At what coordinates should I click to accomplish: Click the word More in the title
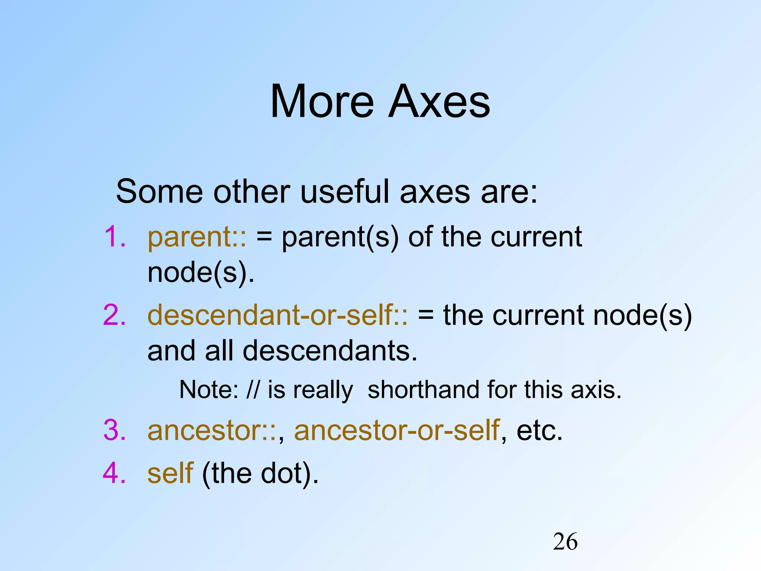coord(322,101)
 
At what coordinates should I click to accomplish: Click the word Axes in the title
coord(439,101)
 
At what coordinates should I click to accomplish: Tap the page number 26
coord(565,542)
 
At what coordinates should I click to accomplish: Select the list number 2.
coord(114,315)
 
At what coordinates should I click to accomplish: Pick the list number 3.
coord(114,430)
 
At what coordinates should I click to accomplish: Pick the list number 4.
coord(114,473)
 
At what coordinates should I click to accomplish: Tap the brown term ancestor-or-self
coord(396,431)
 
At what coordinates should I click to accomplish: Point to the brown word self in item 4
coord(170,473)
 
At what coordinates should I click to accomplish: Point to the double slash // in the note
coord(253,390)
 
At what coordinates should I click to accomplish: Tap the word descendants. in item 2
coord(330,351)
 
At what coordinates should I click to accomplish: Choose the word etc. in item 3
coord(540,431)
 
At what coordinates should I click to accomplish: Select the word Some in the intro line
coord(159,192)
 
